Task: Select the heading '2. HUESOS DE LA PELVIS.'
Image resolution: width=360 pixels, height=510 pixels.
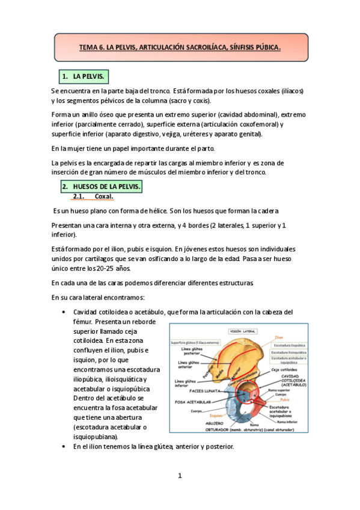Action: [100, 187]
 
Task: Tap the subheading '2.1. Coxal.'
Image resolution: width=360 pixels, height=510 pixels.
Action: [94, 197]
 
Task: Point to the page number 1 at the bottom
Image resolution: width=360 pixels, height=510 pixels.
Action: [179, 476]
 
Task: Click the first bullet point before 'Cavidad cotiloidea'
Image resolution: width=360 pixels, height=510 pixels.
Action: [64, 312]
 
